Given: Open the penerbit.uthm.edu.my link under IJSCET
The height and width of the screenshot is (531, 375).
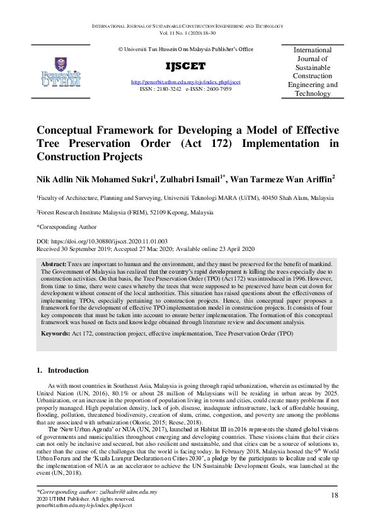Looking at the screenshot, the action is coord(185,83).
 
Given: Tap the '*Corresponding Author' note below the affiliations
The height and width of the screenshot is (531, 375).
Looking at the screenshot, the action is coord(67,226).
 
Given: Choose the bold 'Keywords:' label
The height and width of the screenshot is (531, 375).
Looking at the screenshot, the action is coord(55,332).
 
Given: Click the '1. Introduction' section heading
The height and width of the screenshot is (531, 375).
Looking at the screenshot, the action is coord(62,370).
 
